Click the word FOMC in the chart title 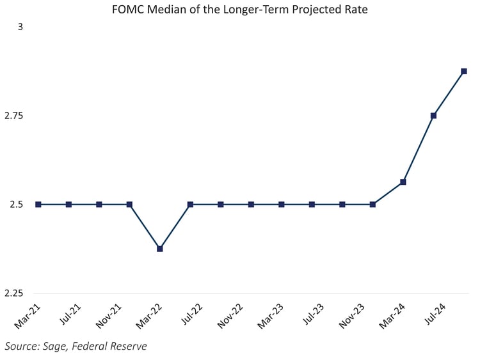127,11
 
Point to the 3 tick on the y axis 20,27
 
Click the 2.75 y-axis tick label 13,116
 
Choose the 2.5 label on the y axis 16,205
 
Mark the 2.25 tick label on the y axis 13,293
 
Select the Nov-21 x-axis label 109,317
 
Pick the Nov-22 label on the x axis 231,317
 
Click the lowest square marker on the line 160,248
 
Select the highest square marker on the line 464,71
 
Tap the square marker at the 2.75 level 433,116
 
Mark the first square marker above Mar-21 38,205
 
